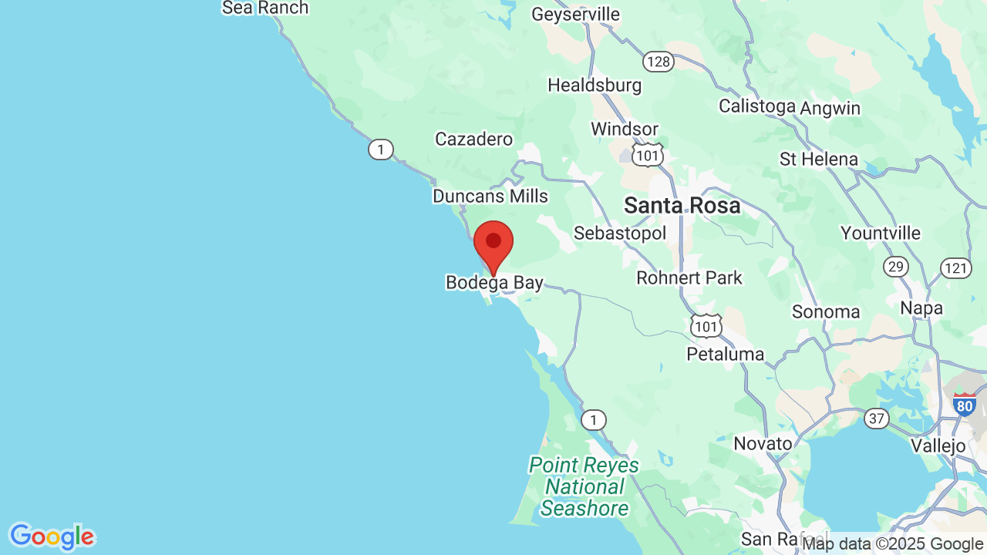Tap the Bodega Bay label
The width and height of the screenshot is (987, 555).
point(494,283)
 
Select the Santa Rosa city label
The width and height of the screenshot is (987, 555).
point(682,206)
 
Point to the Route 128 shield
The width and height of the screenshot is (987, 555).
point(659,62)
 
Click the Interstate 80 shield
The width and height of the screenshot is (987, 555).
point(964,405)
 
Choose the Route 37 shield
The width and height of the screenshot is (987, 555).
point(876,419)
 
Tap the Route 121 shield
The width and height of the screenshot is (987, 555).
point(955,267)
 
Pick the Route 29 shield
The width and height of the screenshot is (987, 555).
point(895,267)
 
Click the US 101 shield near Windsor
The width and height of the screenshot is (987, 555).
point(647,154)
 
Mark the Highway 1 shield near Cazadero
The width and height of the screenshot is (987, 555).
point(380,150)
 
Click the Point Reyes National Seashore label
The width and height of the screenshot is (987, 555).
point(584,486)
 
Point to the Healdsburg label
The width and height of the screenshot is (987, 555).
point(595,85)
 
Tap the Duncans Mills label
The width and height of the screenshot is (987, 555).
point(490,196)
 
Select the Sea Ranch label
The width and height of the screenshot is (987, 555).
point(265,8)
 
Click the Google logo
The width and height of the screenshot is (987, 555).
point(52,536)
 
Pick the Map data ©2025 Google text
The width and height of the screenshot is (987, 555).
point(892,544)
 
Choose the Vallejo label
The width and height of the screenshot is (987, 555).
point(938,446)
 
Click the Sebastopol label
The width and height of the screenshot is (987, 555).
point(620,234)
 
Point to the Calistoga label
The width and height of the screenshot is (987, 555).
point(756,106)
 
